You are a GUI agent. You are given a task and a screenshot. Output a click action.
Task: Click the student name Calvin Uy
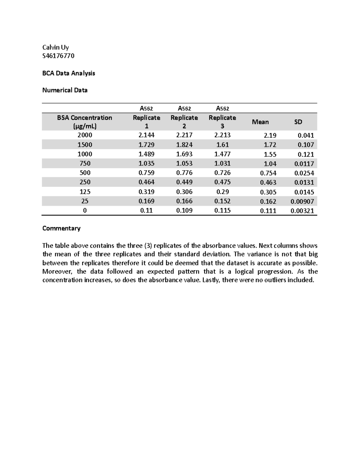55,47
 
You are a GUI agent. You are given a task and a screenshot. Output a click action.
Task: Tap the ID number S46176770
58,56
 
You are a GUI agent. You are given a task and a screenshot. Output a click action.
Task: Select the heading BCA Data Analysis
69,73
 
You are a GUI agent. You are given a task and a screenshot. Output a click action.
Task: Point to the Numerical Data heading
65,90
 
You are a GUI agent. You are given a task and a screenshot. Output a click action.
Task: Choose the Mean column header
260,122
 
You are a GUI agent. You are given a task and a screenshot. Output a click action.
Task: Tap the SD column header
298,122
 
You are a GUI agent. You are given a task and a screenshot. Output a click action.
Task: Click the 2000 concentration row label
85,135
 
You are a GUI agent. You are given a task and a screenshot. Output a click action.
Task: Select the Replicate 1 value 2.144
146,135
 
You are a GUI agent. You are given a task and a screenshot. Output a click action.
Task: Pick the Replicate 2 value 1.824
184,145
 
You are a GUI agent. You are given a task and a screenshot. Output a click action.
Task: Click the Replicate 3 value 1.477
222,154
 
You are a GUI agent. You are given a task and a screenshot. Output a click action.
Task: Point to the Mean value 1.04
270,164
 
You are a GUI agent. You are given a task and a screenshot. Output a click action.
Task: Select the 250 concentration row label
85,182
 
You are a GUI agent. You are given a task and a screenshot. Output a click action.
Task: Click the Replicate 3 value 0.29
222,192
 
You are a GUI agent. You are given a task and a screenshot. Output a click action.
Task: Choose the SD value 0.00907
302,201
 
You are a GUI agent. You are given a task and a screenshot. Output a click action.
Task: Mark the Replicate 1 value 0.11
146,211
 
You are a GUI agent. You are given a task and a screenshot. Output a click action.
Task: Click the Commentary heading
61,228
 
